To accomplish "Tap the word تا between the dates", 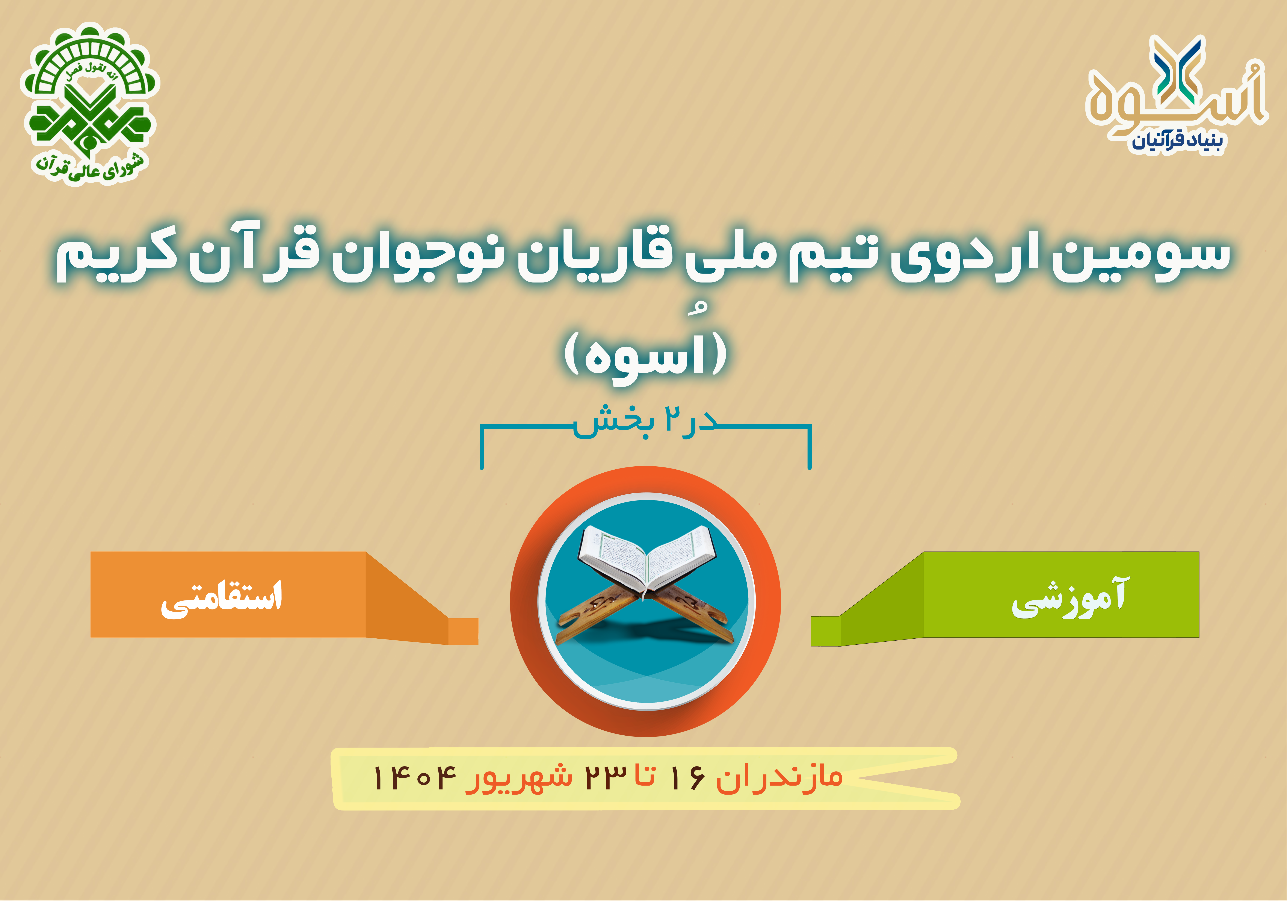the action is point(645,777).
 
